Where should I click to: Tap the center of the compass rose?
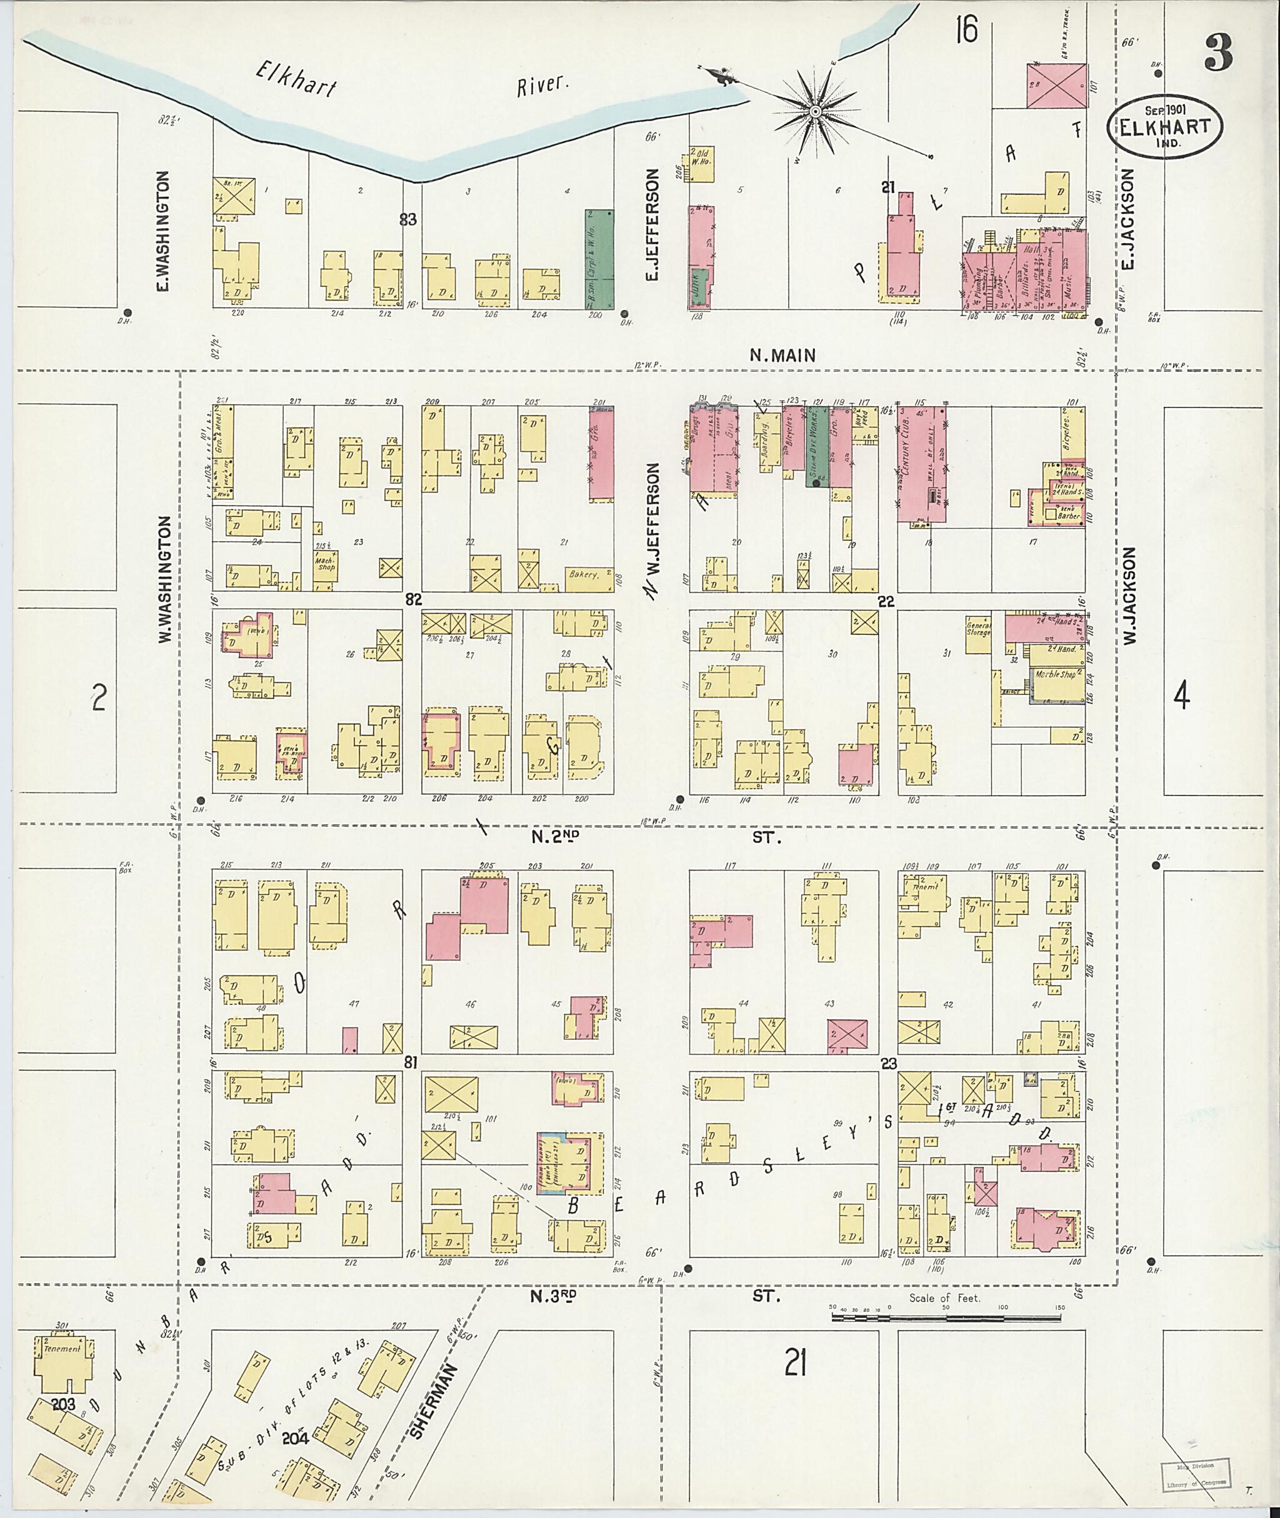(x=815, y=112)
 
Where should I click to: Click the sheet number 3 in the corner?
(x=1218, y=54)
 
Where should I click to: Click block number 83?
(x=407, y=218)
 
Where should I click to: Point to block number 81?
(x=411, y=1064)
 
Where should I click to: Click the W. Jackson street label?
(x=1130, y=596)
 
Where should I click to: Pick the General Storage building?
(x=978, y=636)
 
